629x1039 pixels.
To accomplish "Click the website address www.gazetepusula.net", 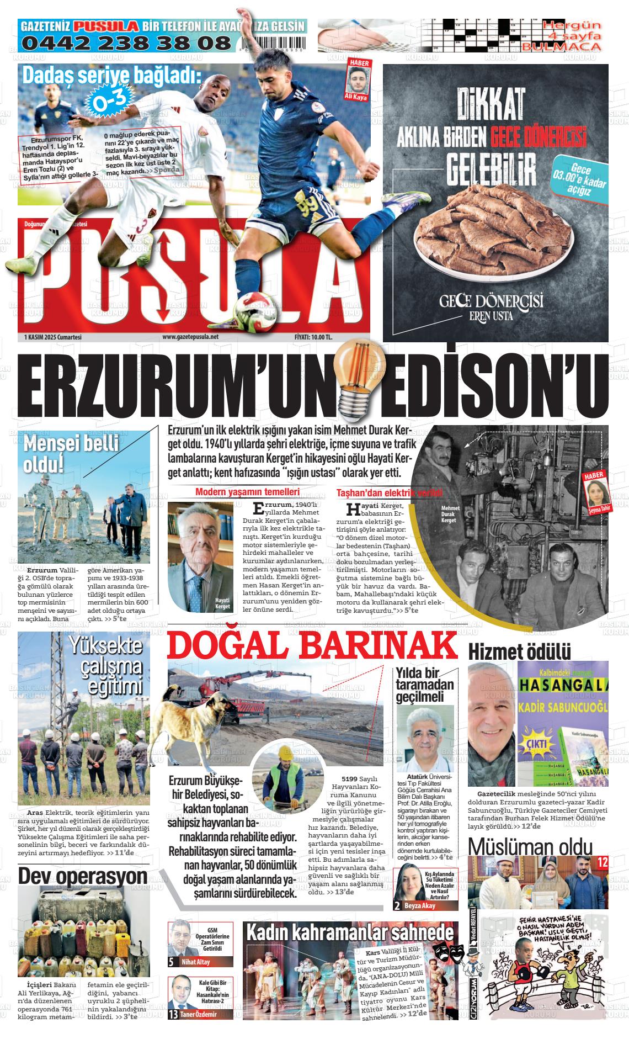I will click(x=190, y=337).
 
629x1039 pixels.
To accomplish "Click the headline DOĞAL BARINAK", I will click(x=313, y=644).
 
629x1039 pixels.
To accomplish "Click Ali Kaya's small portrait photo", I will click(x=359, y=82).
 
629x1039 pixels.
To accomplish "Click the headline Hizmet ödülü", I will click(x=511, y=651).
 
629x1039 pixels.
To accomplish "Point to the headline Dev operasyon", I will click(x=83, y=876).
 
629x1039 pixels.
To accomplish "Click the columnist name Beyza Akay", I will click(x=420, y=906).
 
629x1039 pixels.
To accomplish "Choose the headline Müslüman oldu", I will click(x=530, y=846).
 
